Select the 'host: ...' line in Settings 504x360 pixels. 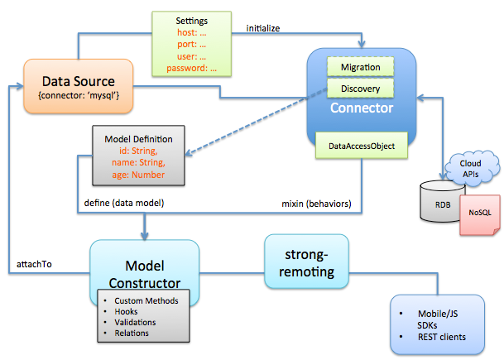point(194,32)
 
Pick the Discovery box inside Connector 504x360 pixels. point(360,86)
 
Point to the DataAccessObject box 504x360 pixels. point(362,146)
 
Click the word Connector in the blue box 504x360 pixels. point(360,108)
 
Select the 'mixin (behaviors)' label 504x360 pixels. point(318,203)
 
